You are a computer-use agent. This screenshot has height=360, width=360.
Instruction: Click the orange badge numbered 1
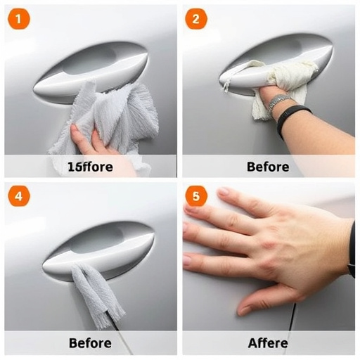click(18, 19)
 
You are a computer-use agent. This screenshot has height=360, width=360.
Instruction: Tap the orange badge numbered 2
click(196, 19)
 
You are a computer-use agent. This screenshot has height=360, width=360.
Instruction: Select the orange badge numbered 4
click(18, 196)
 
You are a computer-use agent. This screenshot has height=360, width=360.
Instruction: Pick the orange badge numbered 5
click(196, 197)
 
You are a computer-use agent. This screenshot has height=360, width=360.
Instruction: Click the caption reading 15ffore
click(90, 167)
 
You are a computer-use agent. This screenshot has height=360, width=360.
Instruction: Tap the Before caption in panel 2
click(268, 167)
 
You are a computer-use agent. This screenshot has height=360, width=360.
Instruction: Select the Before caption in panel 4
click(90, 343)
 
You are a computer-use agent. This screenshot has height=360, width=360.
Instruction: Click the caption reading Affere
click(268, 343)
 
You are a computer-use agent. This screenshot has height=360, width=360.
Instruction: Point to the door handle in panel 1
click(91, 70)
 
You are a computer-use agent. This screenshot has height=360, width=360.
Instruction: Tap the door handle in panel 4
click(98, 250)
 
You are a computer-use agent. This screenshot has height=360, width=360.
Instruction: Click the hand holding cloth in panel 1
click(88, 141)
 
